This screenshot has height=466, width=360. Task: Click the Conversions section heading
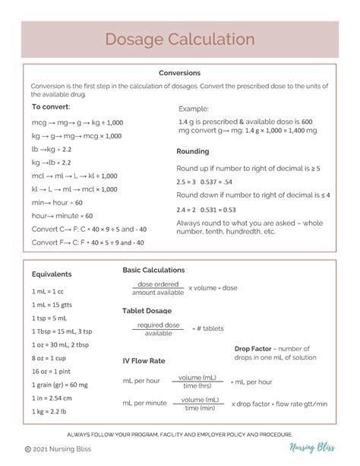tap(179, 73)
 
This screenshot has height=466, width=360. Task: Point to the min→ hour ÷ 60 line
tap(57, 203)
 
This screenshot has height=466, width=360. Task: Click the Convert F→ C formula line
tap(88, 243)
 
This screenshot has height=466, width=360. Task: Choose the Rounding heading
tap(193, 151)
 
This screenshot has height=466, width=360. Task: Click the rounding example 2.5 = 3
tap(186, 182)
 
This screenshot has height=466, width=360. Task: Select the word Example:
tap(194, 109)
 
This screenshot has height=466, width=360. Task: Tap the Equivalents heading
tap(52, 274)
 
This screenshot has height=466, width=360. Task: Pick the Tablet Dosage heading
tap(147, 310)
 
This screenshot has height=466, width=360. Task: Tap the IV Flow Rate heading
tap(144, 360)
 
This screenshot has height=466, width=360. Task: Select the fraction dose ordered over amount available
tap(157, 288)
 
